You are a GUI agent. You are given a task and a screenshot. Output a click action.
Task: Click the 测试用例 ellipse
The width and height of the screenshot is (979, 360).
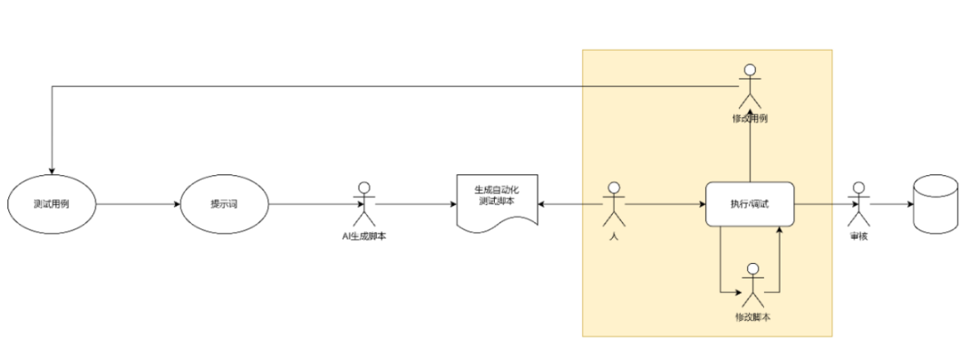(52, 204)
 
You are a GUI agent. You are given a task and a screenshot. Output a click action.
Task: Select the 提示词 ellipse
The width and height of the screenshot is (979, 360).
(224, 204)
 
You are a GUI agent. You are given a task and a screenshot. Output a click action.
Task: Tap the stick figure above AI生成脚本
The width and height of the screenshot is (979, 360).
(364, 205)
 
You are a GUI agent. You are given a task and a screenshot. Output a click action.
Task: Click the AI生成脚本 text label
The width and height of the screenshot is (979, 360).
(364, 237)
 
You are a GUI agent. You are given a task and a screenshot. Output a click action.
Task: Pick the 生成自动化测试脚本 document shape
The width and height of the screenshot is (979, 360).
(496, 202)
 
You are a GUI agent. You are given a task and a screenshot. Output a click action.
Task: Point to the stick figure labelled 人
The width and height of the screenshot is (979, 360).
(614, 203)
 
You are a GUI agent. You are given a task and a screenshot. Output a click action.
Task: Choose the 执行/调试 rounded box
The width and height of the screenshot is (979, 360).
(750, 204)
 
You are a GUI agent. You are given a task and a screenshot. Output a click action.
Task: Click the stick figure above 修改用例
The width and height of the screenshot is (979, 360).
(750, 86)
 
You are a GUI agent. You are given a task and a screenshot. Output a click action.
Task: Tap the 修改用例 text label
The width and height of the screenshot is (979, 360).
(751, 119)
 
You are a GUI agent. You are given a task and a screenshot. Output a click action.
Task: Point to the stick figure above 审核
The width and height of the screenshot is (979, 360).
(857, 203)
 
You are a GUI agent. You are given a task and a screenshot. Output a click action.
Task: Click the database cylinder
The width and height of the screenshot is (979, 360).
(935, 204)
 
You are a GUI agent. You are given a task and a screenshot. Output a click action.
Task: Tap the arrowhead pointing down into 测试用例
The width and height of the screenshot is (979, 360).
(52, 170)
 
